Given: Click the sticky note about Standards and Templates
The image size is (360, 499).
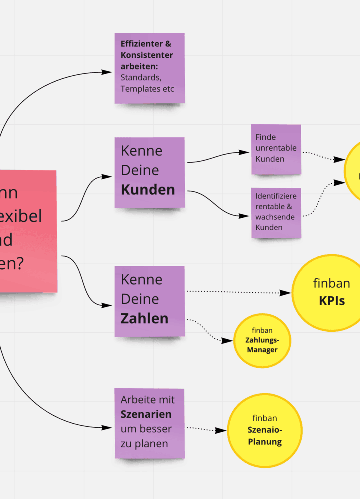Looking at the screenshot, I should pyautogui.click(x=149, y=68).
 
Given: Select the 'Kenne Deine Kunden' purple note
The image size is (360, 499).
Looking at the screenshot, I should pyautogui.click(x=149, y=172).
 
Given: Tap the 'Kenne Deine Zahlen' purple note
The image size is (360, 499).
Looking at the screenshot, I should pyautogui.click(x=149, y=301).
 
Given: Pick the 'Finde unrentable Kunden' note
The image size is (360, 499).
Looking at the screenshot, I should pyautogui.click(x=276, y=149).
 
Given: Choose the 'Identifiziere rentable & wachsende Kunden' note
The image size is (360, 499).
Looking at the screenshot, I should pyautogui.click(x=276, y=212).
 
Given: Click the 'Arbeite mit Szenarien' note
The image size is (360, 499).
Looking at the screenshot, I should pyautogui.click(x=149, y=423).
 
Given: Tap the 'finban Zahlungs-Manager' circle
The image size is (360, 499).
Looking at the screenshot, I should pyautogui.click(x=262, y=341).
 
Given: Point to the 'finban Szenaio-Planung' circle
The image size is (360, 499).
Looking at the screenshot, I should pyautogui.click(x=265, y=430).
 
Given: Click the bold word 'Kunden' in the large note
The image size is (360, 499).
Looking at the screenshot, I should pyautogui.click(x=148, y=190).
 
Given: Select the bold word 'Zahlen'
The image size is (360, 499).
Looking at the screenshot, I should pyautogui.click(x=144, y=319).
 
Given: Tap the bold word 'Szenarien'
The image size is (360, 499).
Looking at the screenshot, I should pyautogui.click(x=146, y=414).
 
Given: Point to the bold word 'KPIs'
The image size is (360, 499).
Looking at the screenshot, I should pyautogui.click(x=332, y=301).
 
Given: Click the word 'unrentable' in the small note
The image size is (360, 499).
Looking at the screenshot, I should pyautogui.click(x=276, y=148).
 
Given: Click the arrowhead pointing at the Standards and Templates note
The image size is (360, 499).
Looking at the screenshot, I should pyautogui.click(x=107, y=72).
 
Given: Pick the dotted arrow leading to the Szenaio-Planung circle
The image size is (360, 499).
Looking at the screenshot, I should pyautogui.click(x=205, y=429).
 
